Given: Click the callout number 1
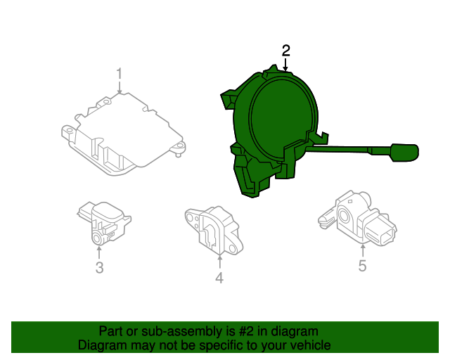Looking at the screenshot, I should pyautogui.click(x=119, y=74).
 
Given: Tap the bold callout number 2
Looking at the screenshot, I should pyautogui.click(x=285, y=50).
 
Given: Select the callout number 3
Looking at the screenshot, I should pyautogui.click(x=99, y=267).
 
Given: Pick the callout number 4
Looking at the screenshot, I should pyautogui.click(x=219, y=278).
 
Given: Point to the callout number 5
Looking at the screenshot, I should pyautogui.click(x=362, y=265).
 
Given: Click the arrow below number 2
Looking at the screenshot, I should pyautogui.click(x=285, y=64).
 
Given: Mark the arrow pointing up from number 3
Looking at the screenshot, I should pyautogui.click(x=99, y=252).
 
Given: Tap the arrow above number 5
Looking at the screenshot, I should pyautogui.click(x=362, y=250).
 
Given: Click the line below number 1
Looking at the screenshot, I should pyautogui.click(x=120, y=88).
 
